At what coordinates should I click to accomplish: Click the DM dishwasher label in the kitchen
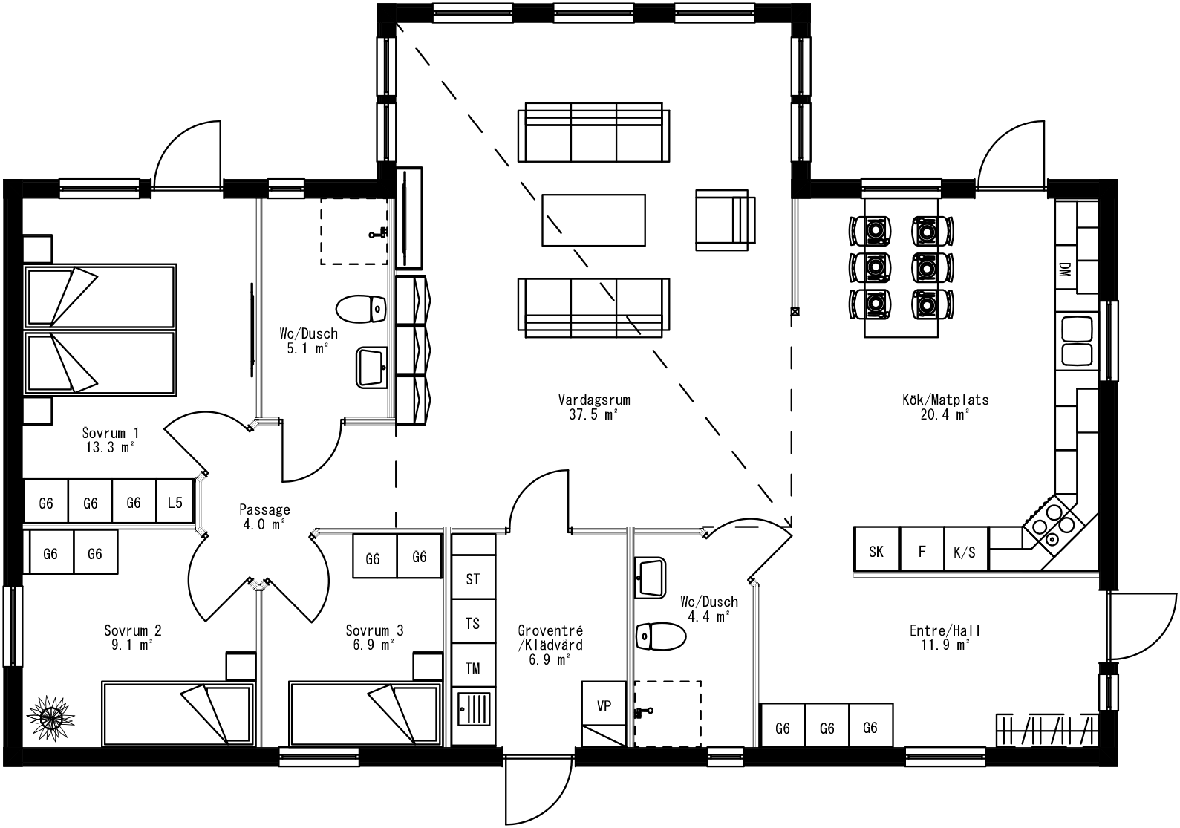pos(1065,270)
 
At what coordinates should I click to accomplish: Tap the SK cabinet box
pos(876,551)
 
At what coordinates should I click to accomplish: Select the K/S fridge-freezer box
pos(965,551)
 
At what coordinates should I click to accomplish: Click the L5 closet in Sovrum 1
pos(175,503)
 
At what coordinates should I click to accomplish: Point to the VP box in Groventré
pos(604,705)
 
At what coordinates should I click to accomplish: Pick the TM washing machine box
pos(473,668)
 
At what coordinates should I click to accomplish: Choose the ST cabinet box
pos(473,578)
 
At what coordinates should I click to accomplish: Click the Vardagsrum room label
pos(594,400)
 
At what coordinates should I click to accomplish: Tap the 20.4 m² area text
pos(945,414)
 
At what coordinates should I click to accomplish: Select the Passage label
pos(264,510)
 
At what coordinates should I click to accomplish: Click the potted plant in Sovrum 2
pos(51,717)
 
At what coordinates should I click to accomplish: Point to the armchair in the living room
pos(724,221)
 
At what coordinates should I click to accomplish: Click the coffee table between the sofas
pos(593,219)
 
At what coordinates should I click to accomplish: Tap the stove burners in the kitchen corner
pos(1053,524)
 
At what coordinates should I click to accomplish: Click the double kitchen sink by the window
pos(1077,341)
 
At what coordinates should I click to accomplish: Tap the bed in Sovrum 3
pos(364,714)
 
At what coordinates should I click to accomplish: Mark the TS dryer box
pos(473,623)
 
